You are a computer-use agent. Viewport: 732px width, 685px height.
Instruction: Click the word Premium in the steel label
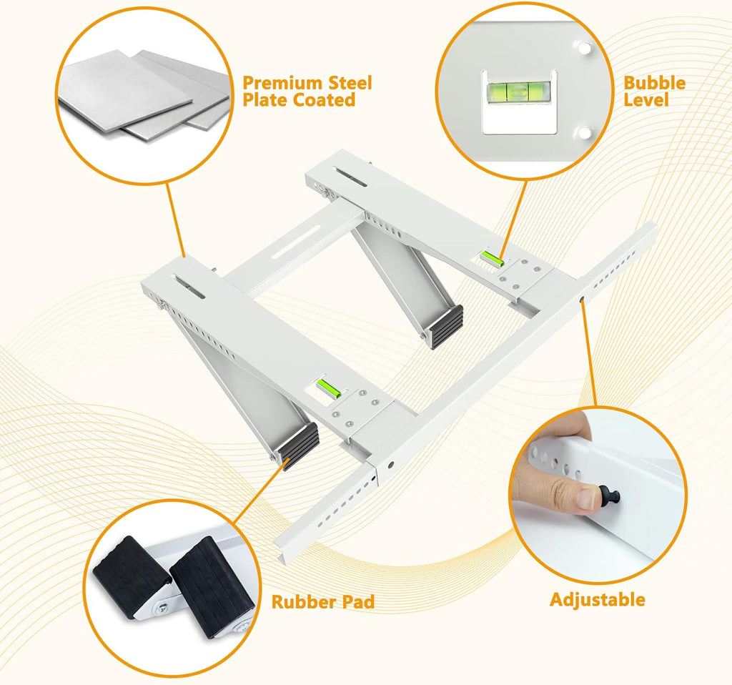pos(282,83)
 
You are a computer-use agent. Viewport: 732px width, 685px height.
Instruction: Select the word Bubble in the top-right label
pos(655,83)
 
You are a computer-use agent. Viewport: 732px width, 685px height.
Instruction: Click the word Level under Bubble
pos(646,100)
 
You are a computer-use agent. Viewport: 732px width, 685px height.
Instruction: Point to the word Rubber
pos(303,602)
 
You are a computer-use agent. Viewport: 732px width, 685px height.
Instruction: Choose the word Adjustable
pos(598,600)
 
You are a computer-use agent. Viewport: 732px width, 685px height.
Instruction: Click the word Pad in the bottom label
pos(357,602)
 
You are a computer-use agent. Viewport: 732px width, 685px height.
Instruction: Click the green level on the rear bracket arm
pos(492,258)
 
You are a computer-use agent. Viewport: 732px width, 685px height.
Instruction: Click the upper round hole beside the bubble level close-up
pos(584,47)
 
